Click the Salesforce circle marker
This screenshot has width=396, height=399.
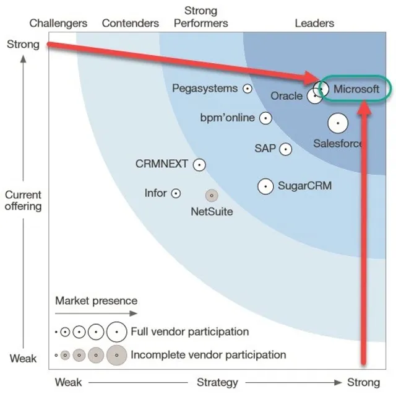(337, 124)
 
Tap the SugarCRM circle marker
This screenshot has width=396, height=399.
(265, 186)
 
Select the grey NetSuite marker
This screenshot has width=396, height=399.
(212, 196)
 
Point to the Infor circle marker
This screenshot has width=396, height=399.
(176, 193)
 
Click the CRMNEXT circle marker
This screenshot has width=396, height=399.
(199, 165)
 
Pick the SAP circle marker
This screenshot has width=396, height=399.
(285, 149)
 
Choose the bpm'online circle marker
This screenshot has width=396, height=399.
(265, 118)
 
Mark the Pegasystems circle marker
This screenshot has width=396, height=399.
(247, 89)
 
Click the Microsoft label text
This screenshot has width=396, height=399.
(356, 89)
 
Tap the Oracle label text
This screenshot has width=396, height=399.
(286, 96)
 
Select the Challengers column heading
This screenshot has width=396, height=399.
(58, 24)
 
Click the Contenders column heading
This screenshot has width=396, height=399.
(131, 24)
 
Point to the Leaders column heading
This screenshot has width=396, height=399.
(314, 24)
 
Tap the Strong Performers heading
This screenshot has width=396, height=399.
(201, 17)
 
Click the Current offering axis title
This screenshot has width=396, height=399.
(24, 200)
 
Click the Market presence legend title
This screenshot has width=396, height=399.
(97, 301)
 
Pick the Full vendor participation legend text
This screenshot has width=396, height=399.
(189, 331)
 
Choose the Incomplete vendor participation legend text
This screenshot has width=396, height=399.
(208, 355)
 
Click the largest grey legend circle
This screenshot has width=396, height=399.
(116, 355)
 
